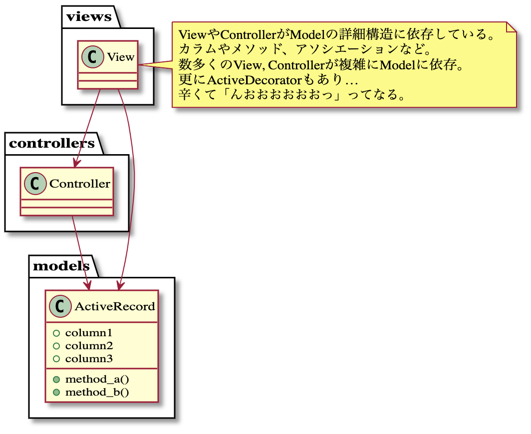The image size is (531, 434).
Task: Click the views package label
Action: click(x=89, y=16)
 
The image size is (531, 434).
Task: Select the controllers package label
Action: click(x=52, y=144)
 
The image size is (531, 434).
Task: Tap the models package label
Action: click(x=61, y=266)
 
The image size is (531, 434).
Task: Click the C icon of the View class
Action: click(x=93, y=56)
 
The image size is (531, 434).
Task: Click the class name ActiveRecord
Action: click(x=115, y=306)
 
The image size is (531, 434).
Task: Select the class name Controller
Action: click(x=80, y=184)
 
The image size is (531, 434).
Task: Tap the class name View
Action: click(x=121, y=56)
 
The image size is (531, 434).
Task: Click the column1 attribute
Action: click(x=89, y=333)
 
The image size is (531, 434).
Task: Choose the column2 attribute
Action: click(x=89, y=346)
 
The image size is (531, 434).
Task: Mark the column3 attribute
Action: click(x=89, y=359)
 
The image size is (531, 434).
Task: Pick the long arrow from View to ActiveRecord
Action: click(x=134, y=190)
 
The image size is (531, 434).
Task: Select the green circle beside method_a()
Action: click(x=56, y=379)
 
